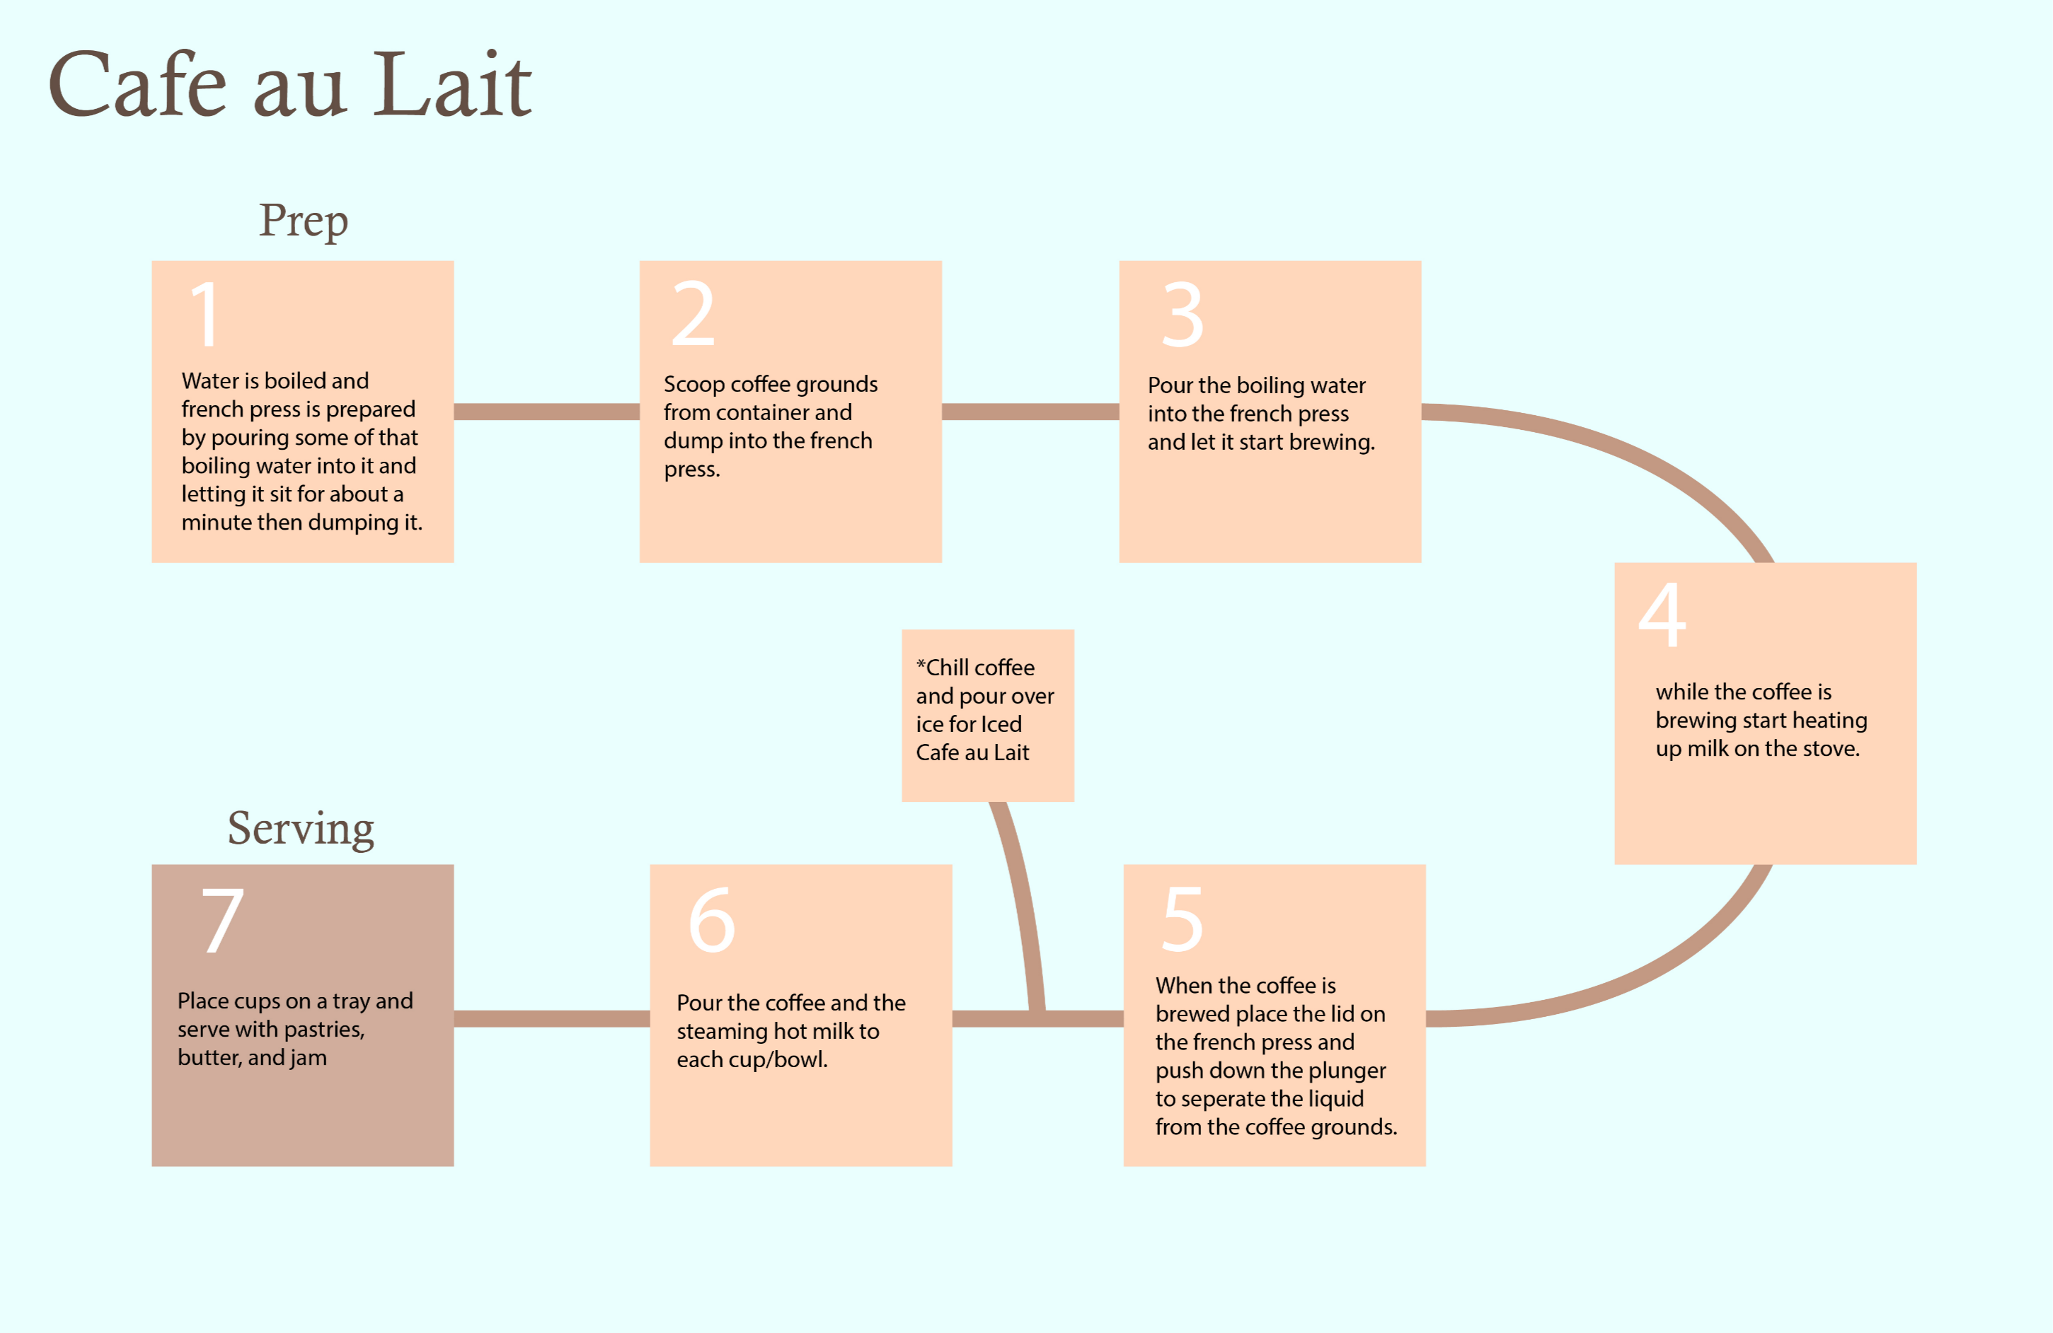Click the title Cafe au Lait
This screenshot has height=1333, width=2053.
290,84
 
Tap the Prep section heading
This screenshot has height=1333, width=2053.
304,221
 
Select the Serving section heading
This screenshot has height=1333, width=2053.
300,829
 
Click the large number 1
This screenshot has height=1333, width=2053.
205,314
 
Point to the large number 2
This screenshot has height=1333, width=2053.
693,314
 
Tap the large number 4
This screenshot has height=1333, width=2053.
1662,614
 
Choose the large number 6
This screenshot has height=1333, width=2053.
712,920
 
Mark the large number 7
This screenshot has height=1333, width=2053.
222,921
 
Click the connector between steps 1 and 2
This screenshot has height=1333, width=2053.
546,412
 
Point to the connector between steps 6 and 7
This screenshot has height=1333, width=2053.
551,1018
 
